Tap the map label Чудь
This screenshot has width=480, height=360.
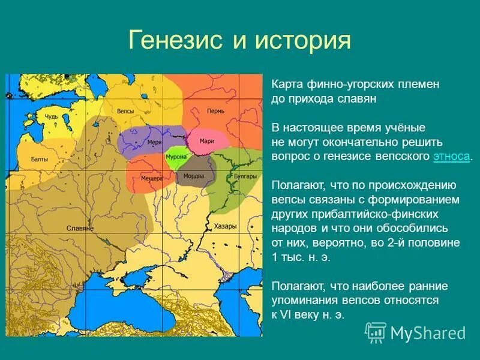pos(52,116)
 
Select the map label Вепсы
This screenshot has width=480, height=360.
pos(125,112)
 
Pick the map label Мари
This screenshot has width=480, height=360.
pos(207,140)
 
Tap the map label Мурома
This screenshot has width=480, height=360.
pos(176,157)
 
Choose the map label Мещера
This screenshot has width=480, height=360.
pos(152,178)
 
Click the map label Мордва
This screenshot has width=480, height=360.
pos(194,176)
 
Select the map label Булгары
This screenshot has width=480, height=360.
pos(246,176)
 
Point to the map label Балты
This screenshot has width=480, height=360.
pos(40,160)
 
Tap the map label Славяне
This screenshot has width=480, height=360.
pos(80,229)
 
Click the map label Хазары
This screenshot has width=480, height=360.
pos(225,226)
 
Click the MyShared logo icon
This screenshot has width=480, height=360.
pos(376,332)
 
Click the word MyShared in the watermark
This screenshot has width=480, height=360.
pos(428,333)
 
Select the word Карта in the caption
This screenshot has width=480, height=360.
pos(286,85)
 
